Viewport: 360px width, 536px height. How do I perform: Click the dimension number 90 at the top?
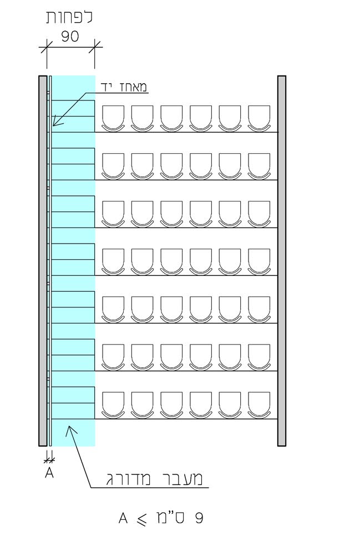pyautogui.click(x=70, y=36)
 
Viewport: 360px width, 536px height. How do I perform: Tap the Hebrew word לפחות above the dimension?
pyautogui.click(x=70, y=17)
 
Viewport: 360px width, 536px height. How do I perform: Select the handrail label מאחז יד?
pyautogui.click(x=124, y=86)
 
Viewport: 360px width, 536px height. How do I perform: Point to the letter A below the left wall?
pyautogui.click(x=49, y=473)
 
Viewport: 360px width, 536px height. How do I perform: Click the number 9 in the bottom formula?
pyautogui.click(x=199, y=518)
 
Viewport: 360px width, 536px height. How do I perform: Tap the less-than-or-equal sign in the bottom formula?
pyautogui.click(x=144, y=519)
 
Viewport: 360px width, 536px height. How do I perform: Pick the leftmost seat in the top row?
pyautogui.click(x=114, y=118)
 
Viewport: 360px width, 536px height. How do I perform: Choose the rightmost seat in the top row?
pyautogui.click(x=259, y=118)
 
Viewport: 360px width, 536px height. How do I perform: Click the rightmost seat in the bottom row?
pyautogui.click(x=259, y=404)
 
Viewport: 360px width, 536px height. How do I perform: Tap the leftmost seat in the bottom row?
pyautogui.click(x=114, y=404)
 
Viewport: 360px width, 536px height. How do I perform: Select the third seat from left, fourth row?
pyautogui.click(x=171, y=261)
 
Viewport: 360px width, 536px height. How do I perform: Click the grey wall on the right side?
pyautogui.click(x=282, y=261)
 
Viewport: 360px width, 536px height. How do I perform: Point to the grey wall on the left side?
pyautogui.click(x=43, y=261)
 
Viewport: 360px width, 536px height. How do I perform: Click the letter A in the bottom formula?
pyautogui.click(x=123, y=518)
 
